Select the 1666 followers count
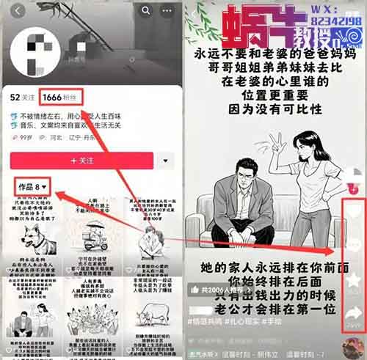pos(53,97)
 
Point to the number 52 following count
pos(15,97)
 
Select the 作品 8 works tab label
pos(33,188)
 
